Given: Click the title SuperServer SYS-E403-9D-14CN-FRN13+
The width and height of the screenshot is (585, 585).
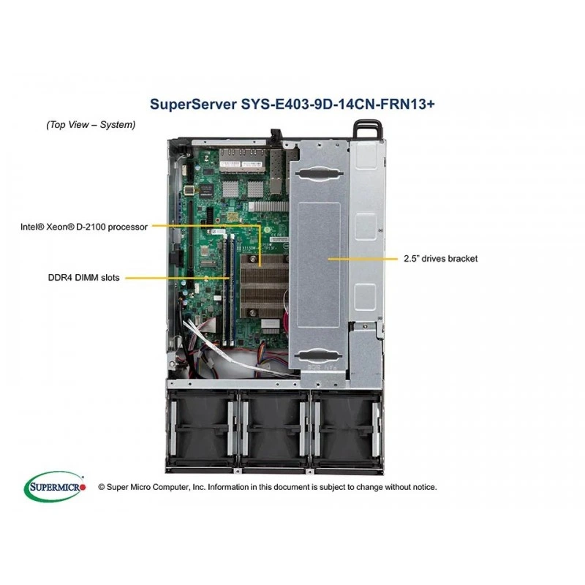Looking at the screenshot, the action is [x=292, y=104].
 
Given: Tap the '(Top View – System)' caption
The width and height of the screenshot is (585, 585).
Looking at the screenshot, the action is [x=91, y=124].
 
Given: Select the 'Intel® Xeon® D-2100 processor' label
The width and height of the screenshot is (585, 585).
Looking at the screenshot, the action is [x=84, y=227].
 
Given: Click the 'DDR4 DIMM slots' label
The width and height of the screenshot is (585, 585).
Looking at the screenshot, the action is [x=83, y=278].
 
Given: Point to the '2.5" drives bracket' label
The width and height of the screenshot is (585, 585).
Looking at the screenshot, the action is [x=441, y=259].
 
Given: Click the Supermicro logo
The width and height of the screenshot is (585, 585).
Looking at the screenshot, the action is [x=55, y=486].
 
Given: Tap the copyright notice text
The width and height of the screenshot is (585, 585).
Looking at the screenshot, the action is [x=267, y=487].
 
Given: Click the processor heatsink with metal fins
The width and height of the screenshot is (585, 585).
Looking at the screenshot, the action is [x=265, y=285].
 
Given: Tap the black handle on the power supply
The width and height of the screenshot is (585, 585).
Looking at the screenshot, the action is [x=368, y=129].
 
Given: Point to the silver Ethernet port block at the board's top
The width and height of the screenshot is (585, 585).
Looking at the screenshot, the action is [x=242, y=159].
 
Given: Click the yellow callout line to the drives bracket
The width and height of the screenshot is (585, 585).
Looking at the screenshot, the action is [x=363, y=259].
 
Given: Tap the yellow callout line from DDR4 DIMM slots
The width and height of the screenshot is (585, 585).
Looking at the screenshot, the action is [x=177, y=278].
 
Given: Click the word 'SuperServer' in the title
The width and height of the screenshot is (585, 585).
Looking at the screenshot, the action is [x=193, y=104].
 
